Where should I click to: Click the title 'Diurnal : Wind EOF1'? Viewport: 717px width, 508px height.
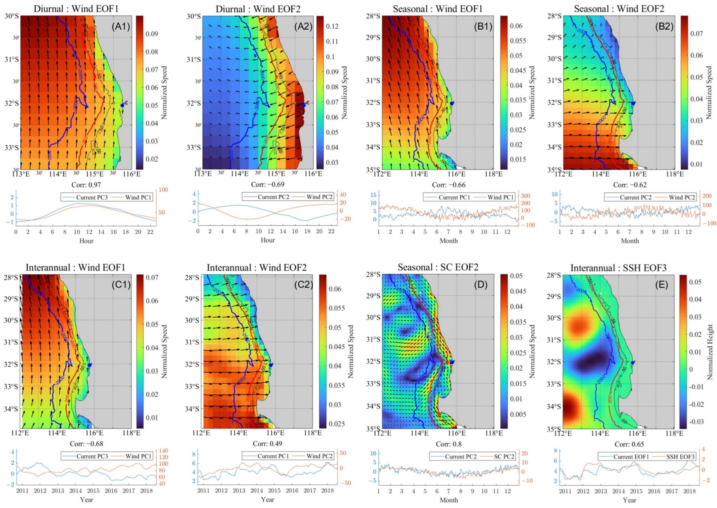click(76, 9)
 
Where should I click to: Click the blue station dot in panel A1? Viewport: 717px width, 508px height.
click(122, 105)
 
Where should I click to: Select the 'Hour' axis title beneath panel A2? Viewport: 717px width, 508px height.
click(268, 240)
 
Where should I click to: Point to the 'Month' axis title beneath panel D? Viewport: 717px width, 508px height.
click(449, 500)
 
